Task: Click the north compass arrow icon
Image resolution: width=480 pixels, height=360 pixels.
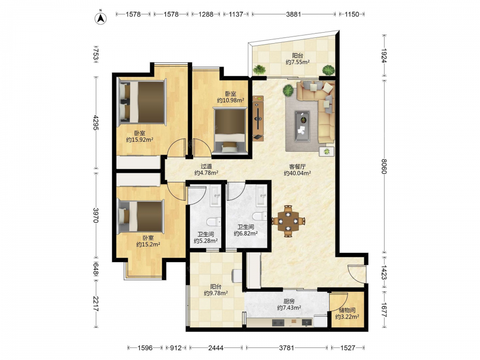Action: point(100,18)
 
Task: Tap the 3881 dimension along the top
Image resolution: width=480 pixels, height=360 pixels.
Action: point(293,14)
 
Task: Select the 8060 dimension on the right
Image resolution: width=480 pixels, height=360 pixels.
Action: point(384,166)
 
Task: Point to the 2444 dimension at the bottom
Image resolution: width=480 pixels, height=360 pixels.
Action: point(216,348)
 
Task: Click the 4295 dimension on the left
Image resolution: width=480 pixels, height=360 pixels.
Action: point(96,122)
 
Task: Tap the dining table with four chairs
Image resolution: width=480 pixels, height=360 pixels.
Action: point(288,221)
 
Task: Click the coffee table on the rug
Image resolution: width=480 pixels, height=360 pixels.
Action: point(302,126)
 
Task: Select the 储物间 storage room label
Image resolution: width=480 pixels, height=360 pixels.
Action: point(347,310)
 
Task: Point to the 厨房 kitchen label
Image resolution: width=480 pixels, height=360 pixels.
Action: point(289,301)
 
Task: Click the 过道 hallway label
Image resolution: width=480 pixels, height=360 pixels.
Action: point(206,166)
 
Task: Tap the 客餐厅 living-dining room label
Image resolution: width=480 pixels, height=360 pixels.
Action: point(297,167)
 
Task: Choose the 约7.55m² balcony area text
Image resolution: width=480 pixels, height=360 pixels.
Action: point(298,62)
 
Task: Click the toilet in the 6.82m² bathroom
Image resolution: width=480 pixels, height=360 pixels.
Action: point(259,216)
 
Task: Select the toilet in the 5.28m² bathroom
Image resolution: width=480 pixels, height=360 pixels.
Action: point(214,221)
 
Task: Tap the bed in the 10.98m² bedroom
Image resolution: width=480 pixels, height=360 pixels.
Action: point(230,131)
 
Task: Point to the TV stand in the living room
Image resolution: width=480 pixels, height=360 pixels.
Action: point(258,118)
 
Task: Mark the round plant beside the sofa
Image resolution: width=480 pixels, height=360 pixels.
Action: point(288,90)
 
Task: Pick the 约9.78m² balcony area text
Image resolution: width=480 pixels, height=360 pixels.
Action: point(216,293)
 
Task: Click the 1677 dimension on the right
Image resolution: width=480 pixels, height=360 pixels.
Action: point(384,310)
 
